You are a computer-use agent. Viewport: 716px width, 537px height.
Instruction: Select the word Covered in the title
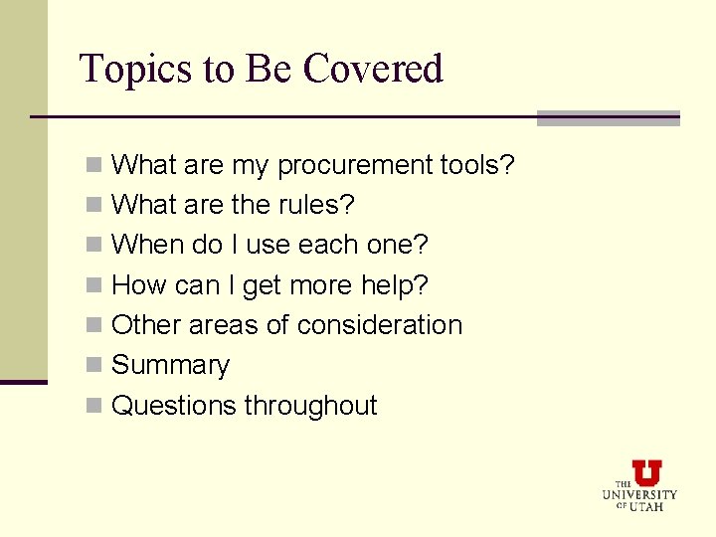click(373, 70)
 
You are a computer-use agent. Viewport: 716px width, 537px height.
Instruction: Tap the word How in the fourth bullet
click(139, 285)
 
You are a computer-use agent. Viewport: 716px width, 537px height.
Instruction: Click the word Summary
click(170, 366)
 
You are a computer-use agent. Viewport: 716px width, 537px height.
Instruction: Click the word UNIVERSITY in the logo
click(639, 494)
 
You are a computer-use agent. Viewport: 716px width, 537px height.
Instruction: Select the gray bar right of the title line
click(608, 118)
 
